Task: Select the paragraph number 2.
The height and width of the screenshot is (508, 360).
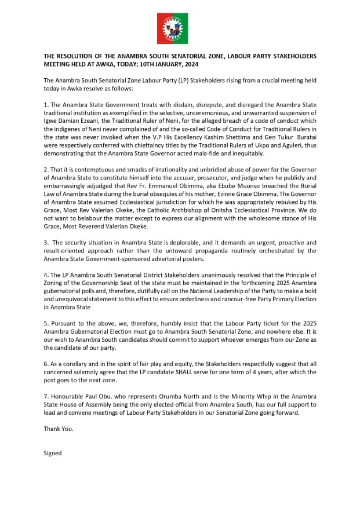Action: point(46,165)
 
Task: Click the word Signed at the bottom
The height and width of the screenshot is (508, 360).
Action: point(53,453)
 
